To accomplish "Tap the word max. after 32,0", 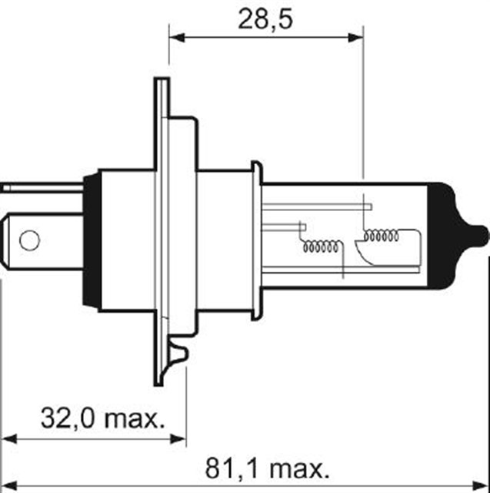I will (x=135, y=419).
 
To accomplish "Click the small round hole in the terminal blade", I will (x=29, y=240).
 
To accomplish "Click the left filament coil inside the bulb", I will (x=322, y=248).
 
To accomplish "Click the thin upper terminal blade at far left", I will (x=38, y=186).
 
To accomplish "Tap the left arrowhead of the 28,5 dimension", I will (x=174, y=36).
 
